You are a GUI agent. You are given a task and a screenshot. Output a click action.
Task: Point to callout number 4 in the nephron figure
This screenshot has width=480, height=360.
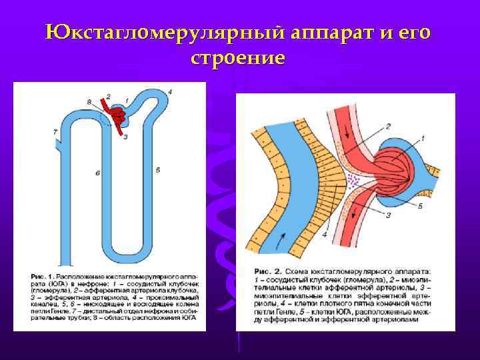[171, 91]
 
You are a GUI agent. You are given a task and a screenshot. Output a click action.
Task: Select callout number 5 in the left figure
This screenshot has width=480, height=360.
[158, 170]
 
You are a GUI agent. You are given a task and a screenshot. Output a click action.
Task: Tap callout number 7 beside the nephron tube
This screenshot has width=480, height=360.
[55, 132]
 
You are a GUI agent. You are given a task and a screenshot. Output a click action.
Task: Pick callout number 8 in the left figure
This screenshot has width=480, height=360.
[89, 101]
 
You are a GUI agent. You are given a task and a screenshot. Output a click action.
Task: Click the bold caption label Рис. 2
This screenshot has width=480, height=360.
[269, 272]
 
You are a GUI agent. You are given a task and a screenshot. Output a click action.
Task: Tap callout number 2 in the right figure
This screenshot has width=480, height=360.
[387, 125]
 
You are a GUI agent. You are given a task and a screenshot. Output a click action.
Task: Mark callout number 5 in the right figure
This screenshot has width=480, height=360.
[420, 206]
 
